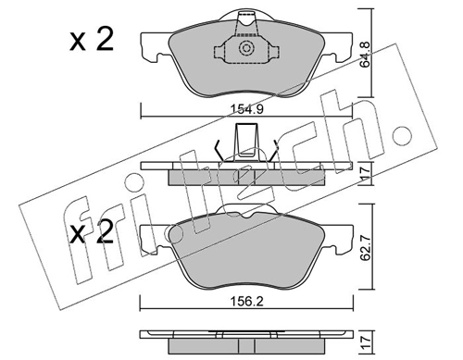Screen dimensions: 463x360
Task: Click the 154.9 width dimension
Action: coord(246,109)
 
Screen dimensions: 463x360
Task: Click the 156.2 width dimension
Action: coord(247,302)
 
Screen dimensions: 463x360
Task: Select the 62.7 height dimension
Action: coord(366,247)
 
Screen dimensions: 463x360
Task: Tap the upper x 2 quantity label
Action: coord(92,40)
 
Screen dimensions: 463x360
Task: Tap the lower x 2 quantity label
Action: coord(92,232)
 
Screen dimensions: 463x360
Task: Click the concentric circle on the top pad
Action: coord(246,48)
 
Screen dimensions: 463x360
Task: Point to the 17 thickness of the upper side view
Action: coord(365,173)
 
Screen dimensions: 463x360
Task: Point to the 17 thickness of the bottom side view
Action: coord(365,341)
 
